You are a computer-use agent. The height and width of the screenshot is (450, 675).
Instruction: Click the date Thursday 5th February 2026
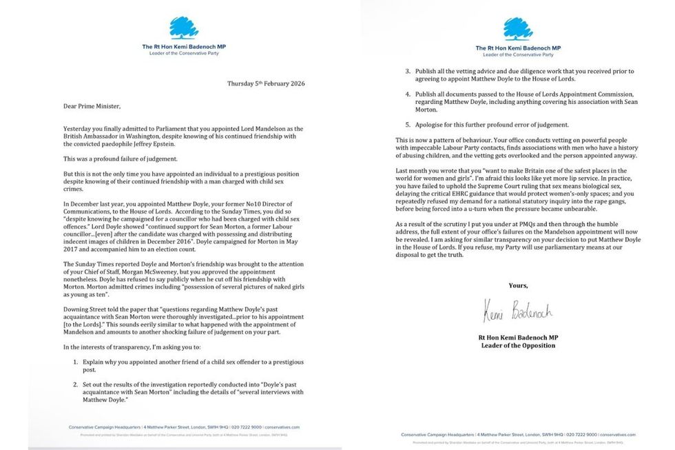pyautogui.click(x=266, y=83)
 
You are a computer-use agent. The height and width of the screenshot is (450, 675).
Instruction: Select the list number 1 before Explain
pyautogui.click(x=75, y=361)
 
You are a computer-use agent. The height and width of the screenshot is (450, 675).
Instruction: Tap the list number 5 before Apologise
pyautogui.click(x=408, y=124)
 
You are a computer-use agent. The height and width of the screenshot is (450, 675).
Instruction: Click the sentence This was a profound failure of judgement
pyautogui.click(x=121, y=158)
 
